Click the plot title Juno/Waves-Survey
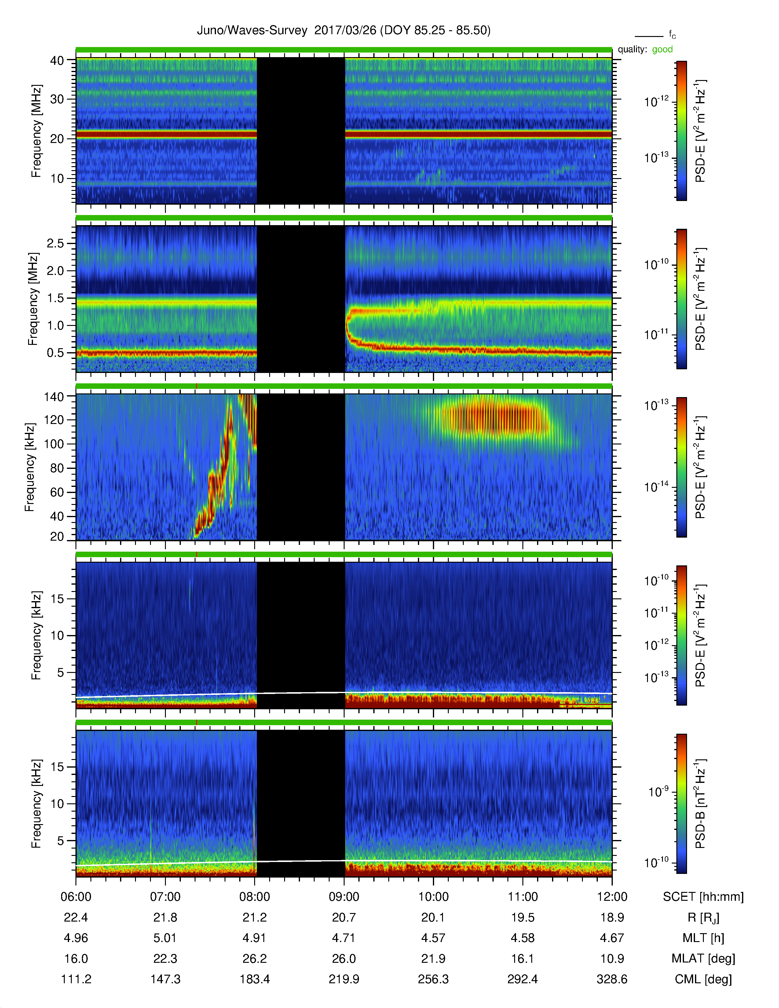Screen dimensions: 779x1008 (252, 31)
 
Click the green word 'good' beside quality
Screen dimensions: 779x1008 (662, 49)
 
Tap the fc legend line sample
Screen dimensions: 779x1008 (649, 36)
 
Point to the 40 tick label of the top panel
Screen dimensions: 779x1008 (57, 60)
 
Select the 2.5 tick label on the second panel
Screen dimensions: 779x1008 (55, 243)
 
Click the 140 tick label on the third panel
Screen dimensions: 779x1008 (53, 396)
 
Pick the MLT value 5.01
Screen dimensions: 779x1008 (165, 938)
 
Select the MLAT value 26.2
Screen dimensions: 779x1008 (255, 959)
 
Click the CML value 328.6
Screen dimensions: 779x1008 (612, 979)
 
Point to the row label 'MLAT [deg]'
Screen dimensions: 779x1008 (703, 959)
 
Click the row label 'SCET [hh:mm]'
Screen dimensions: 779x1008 (703, 897)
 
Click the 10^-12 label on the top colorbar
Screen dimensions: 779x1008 (656, 101)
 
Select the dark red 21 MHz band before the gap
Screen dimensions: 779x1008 (166, 134)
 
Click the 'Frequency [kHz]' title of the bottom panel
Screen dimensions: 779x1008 (36, 804)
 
